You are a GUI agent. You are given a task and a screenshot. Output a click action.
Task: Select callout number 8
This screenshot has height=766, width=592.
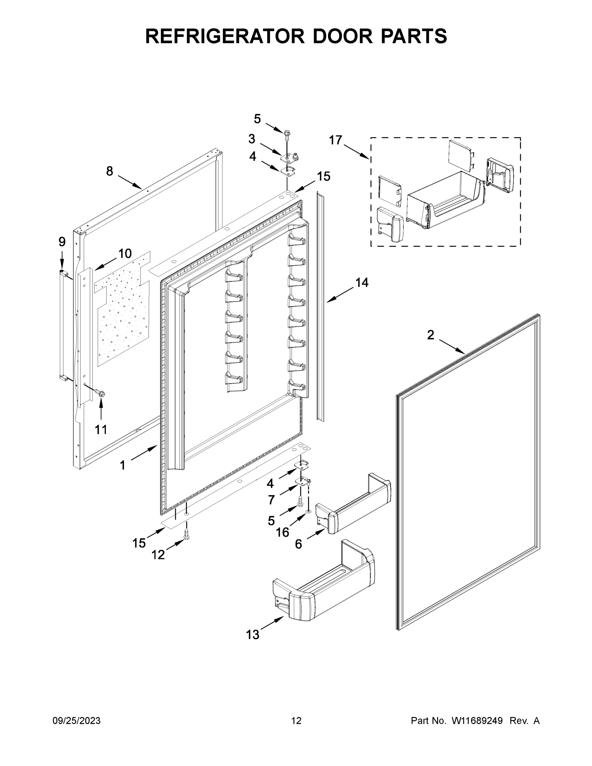pos(110,171)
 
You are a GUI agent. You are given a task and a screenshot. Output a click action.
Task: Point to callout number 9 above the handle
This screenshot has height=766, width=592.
pos(62,242)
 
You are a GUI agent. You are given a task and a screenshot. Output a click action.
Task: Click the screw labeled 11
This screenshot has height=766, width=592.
pos(102,394)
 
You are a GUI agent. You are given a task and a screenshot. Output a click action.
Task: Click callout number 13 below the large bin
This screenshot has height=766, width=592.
pos(252,635)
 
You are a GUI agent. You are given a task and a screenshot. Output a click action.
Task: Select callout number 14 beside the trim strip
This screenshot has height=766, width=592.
pos(362,282)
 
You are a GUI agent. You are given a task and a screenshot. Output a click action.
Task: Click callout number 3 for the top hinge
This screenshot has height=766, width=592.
pos(252,139)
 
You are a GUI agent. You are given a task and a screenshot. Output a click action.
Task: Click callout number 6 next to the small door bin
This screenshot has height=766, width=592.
pos(298,544)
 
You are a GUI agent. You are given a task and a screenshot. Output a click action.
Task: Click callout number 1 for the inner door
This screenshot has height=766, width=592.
pos(123,465)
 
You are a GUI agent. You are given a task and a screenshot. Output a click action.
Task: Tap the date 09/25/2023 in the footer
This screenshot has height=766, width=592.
pos(77,720)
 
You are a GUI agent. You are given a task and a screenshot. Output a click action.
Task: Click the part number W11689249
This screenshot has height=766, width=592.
pos(477,720)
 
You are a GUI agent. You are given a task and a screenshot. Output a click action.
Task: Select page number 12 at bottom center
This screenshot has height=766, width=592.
pos(296,720)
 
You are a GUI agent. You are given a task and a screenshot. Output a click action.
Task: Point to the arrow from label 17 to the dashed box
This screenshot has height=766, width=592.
pos(357,152)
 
